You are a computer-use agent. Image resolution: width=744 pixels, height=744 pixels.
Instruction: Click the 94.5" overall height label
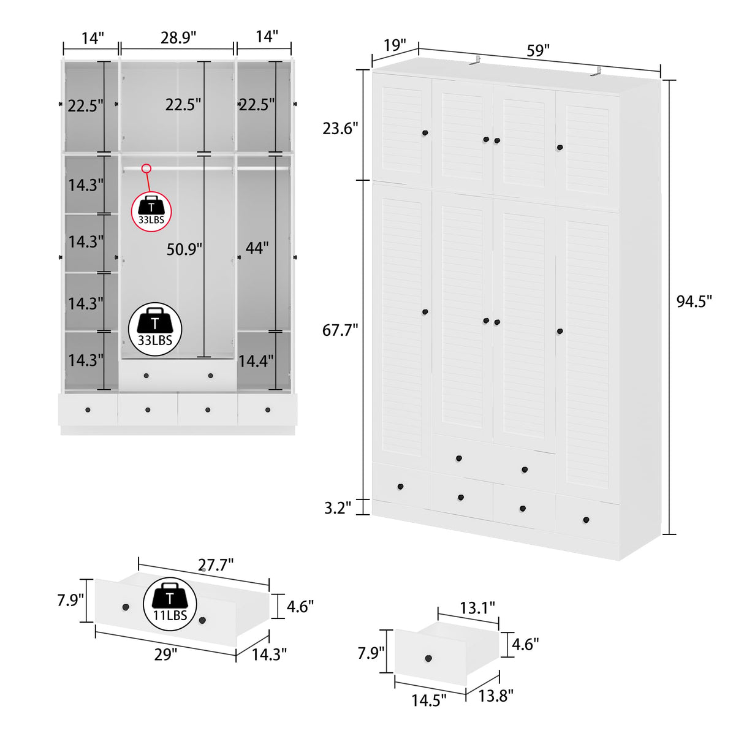pyautogui.click(x=694, y=302)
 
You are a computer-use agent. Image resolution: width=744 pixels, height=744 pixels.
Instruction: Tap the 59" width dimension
pyautogui.click(x=538, y=50)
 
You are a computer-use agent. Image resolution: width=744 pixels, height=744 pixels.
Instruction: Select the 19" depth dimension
pyautogui.click(x=395, y=45)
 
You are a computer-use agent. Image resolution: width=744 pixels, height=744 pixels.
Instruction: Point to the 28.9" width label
pyautogui.click(x=178, y=38)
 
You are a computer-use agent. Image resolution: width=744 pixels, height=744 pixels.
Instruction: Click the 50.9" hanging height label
pyautogui.click(x=184, y=249)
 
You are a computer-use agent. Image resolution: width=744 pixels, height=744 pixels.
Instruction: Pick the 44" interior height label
pyautogui.click(x=257, y=248)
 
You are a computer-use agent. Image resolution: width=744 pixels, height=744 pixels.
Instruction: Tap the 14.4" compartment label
pyautogui.click(x=256, y=361)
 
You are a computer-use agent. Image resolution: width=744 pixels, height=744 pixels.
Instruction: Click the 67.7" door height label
pyautogui.click(x=340, y=330)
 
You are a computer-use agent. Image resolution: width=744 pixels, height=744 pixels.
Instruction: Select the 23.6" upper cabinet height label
pyautogui.click(x=340, y=129)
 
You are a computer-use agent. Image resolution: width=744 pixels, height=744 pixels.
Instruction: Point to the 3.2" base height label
pyautogui.click(x=338, y=508)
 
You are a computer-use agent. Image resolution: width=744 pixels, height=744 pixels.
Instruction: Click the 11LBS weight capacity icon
pyautogui.click(x=170, y=604)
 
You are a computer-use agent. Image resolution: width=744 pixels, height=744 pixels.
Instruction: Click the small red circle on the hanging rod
pyautogui.click(x=146, y=169)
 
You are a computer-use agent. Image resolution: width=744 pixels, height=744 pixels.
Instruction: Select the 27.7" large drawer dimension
pyautogui.click(x=216, y=565)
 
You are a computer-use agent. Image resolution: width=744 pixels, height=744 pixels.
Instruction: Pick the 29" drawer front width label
pyautogui.click(x=165, y=655)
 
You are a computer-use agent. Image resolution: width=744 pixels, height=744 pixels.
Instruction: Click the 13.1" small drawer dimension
pyautogui.click(x=477, y=608)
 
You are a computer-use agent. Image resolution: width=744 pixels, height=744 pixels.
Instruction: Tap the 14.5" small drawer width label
pyautogui.click(x=428, y=700)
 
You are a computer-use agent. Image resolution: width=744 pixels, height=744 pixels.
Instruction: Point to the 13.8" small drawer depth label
pyautogui.click(x=496, y=696)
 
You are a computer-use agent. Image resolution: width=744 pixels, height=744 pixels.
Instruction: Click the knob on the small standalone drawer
pyautogui.click(x=428, y=659)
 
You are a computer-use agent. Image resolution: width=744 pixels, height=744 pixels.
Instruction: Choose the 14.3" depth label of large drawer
pyautogui.click(x=269, y=655)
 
